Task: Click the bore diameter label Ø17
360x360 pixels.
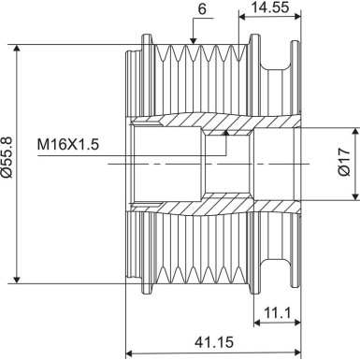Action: [343, 164]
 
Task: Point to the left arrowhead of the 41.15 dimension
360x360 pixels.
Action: [131, 353]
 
